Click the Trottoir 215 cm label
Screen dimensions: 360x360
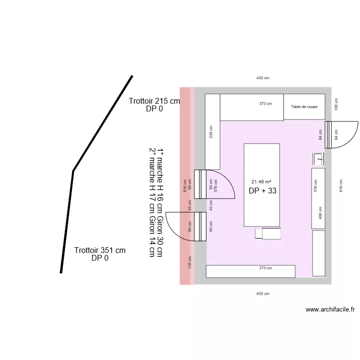(154, 101)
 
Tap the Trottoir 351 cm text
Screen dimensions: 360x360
(100, 250)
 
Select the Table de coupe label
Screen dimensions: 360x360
(304, 107)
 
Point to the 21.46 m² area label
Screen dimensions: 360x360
(261, 181)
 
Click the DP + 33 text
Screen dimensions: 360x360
(263, 191)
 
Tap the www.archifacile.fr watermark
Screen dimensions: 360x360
(330, 310)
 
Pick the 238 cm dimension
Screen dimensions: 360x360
(211, 132)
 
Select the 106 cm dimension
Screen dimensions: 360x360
(336, 104)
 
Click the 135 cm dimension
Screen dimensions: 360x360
(190, 262)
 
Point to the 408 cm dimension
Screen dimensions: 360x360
(320, 213)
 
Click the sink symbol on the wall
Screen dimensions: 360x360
(318, 159)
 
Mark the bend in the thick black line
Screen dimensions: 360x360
(73, 171)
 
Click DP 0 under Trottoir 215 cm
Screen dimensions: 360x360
(154, 108)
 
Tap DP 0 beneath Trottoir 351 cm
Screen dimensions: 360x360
(100, 258)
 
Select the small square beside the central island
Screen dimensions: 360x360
(259, 234)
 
